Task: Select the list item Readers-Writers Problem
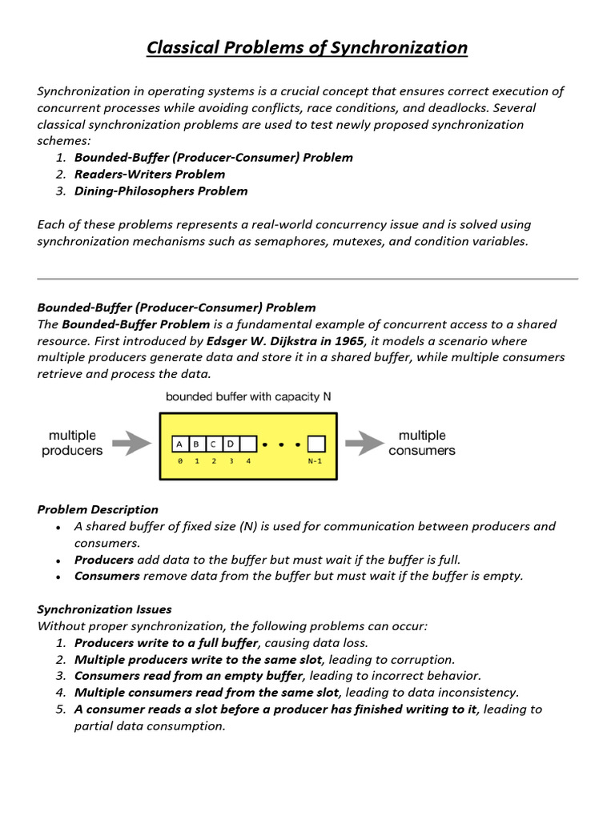coord(150,174)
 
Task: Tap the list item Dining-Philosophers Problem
coord(161,191)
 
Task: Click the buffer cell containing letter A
coord(179,444)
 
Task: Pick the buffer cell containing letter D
coord(230,444)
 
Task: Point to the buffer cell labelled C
coord(213,444)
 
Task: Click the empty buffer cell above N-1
coord(316,444)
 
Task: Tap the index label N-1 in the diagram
coord(316,460)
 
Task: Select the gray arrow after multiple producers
coord(131,443)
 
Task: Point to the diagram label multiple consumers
coord(421,443)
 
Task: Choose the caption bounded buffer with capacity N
coord(248,396)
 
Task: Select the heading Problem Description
coord(98,509)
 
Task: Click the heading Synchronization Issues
coord(104,609)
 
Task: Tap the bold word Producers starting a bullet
coord(104,560)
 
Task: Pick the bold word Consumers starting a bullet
coord(107,576)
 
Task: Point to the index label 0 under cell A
coord(179,460)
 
